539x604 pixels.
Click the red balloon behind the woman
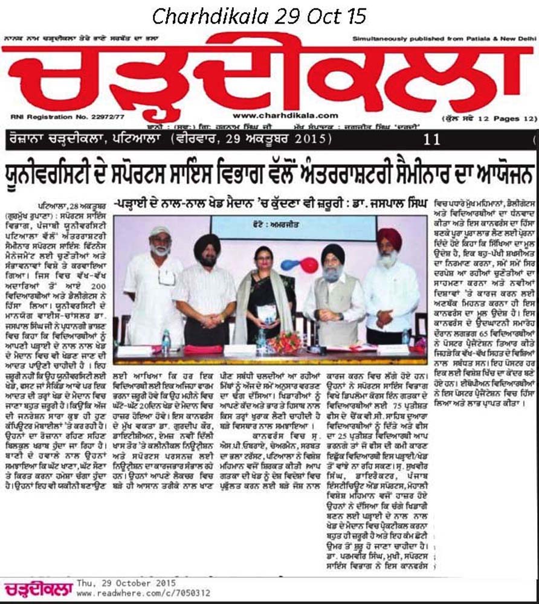[309, 265]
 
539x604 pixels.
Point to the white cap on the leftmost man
[143, 232]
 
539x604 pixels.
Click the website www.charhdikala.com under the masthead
[286, 115]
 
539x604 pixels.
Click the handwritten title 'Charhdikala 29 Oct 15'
[259, 16]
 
